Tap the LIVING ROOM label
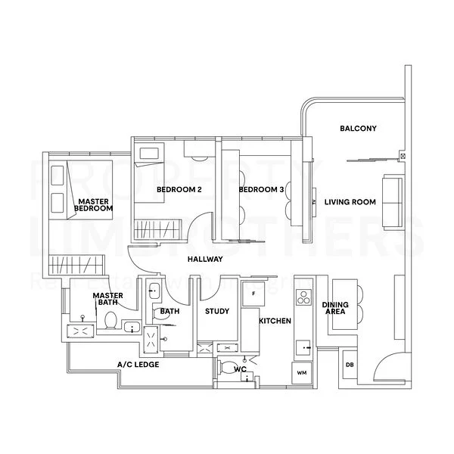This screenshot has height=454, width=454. pos(350,203)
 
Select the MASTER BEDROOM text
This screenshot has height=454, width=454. pos(95,205)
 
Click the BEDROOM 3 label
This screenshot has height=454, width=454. pos(261,189)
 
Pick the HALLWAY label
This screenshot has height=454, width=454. pos(205,260)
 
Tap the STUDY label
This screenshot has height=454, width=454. pos(216,310)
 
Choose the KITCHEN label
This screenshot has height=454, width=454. pos(275,322)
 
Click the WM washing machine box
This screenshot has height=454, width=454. pos(301,373)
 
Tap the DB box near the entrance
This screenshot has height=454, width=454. pos(350,365)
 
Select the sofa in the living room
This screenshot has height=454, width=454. pos(393,202)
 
